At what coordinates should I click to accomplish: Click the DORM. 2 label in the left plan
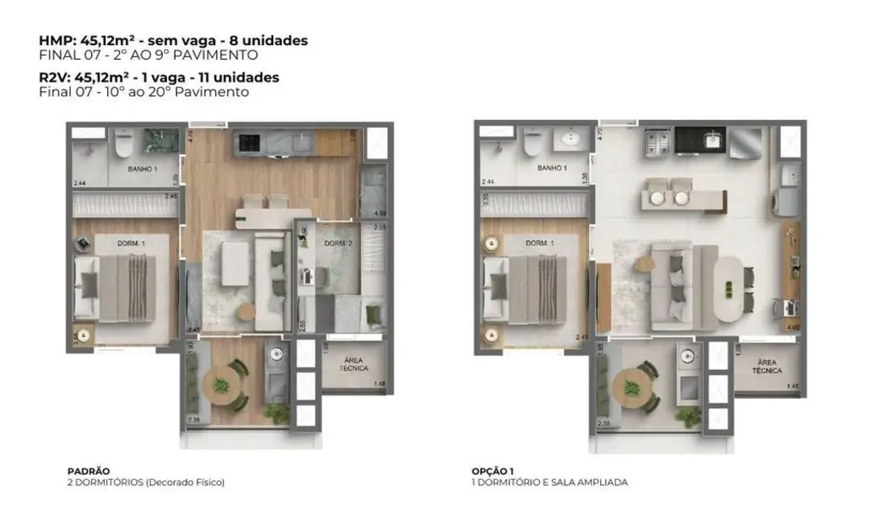[336, 243]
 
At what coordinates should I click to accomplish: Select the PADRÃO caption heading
[89, 471]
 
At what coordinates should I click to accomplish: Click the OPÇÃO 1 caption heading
[492, 471]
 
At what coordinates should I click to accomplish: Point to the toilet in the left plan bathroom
[123, 143]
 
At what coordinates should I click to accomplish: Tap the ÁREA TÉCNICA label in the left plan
[354, 364]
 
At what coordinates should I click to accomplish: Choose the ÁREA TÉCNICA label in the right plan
[767, 367]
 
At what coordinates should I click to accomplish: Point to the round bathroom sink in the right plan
[574, 140]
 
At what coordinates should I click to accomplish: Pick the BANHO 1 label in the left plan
[142, 169]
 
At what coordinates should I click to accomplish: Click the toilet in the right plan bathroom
[533, 143]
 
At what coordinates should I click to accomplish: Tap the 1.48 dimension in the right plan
[792, 386]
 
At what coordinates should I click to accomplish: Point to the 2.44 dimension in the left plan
[79, 183]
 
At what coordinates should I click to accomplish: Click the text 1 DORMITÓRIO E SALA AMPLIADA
[550, 482]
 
